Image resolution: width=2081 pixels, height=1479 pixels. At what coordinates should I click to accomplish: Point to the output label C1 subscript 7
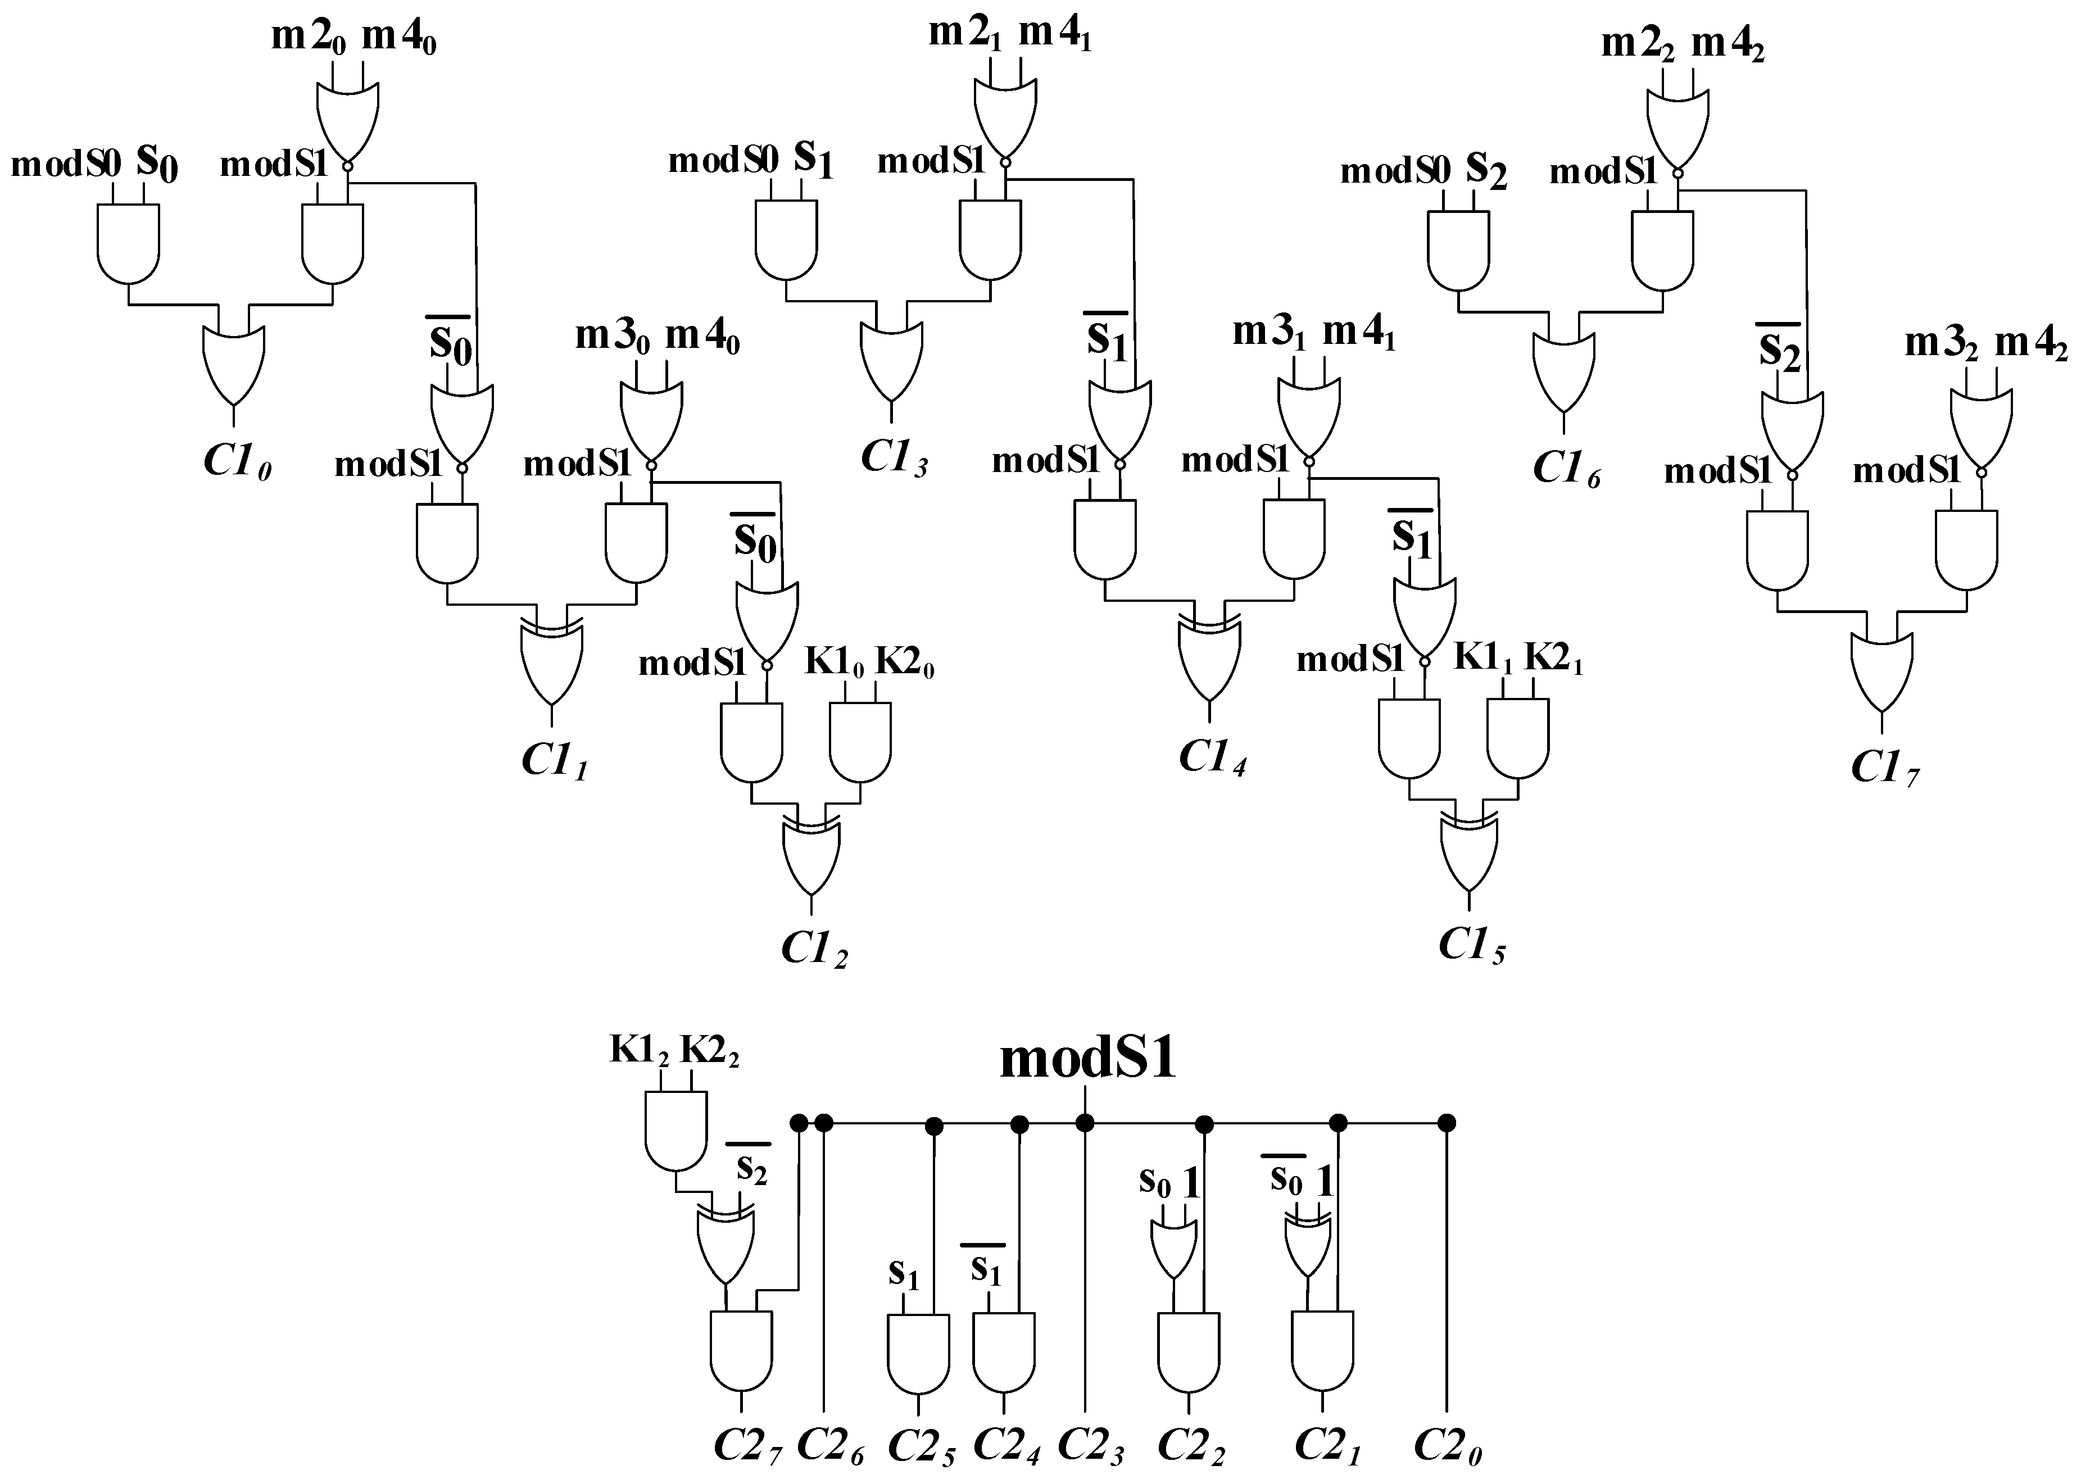[x=1883, y=768]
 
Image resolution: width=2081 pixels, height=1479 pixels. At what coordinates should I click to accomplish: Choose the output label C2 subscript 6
[x=829, y=1444]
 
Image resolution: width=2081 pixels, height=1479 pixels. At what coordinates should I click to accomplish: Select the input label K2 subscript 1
[x=1553, y=659]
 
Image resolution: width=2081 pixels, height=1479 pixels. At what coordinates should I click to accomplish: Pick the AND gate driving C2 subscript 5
[x=918, y=1353]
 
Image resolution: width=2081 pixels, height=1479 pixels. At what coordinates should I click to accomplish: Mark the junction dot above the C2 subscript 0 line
[x=1445, y=1123]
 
